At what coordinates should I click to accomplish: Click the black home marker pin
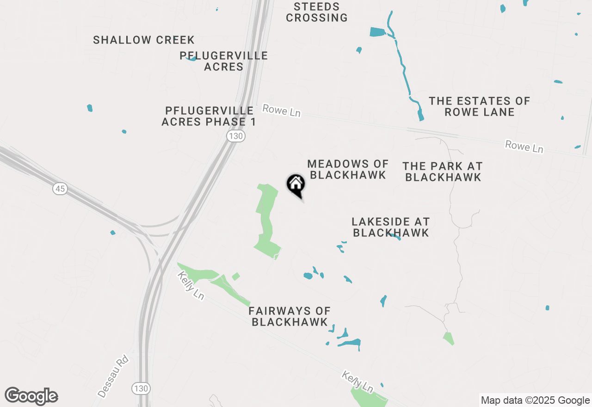click(296, 185)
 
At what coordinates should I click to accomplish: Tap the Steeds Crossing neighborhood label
click(317, 12)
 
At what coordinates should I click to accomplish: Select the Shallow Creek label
click(144, 40)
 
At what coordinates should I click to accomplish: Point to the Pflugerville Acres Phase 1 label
click(209, 117)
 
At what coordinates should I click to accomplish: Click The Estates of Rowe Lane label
click(479, 106)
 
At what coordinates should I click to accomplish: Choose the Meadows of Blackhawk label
click(348, 169)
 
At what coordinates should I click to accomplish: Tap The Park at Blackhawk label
click(443, 172)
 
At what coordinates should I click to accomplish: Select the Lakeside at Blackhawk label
click(391, 227)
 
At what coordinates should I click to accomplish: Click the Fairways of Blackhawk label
click(290, 316)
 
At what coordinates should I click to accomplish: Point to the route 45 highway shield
click(60, 189)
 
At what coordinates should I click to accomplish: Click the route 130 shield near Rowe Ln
click(236, 136)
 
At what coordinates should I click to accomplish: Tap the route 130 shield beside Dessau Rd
click(141, 388)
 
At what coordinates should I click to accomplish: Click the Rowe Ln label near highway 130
click(281, 111)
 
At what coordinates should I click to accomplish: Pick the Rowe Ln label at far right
click(524, 147)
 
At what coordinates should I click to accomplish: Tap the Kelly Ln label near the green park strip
click(191, 286)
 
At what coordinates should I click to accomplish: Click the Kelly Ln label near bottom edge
click(357, 382)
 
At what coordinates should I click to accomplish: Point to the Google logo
click(31, 396)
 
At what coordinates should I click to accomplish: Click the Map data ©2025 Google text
click(535, 401)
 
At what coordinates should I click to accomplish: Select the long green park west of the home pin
click(266, 217)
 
